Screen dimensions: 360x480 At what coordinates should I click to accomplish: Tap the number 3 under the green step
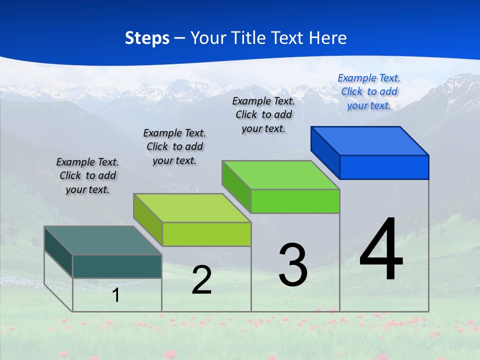click(x=293, y=265)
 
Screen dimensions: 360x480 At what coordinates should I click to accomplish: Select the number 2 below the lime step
click(x=201, y=280)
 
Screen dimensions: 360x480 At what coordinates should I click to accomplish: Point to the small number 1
click(x=115, y=295)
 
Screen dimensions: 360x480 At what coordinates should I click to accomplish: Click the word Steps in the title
click(x=147, y=38)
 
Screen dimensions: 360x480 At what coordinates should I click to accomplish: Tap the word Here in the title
click(x=328, y=38)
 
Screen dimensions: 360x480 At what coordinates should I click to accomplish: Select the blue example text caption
click(x=369, y=91)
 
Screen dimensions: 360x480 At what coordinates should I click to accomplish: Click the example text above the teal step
click(x=87, y=175)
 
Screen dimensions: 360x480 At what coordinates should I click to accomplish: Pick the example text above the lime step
click(x=174, y=146)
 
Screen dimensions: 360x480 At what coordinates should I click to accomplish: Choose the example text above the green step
click(x=263, y=114)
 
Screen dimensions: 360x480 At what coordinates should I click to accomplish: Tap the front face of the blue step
click(x=384, y=167)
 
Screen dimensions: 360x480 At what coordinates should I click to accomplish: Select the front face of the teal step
click(x=117, y=266)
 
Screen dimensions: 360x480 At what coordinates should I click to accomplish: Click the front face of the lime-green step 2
click(x=206, y=234)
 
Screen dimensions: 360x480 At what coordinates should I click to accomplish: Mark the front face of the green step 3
click(x=295, y=201)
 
